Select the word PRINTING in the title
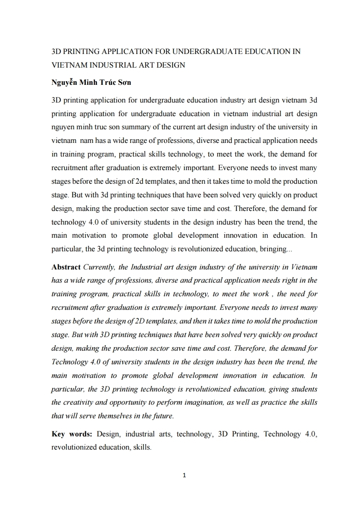[83, 51]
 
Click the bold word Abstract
[66, 267]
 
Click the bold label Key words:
[72, 434]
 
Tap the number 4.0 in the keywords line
[310, 434]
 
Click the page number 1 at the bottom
[184, 475]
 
